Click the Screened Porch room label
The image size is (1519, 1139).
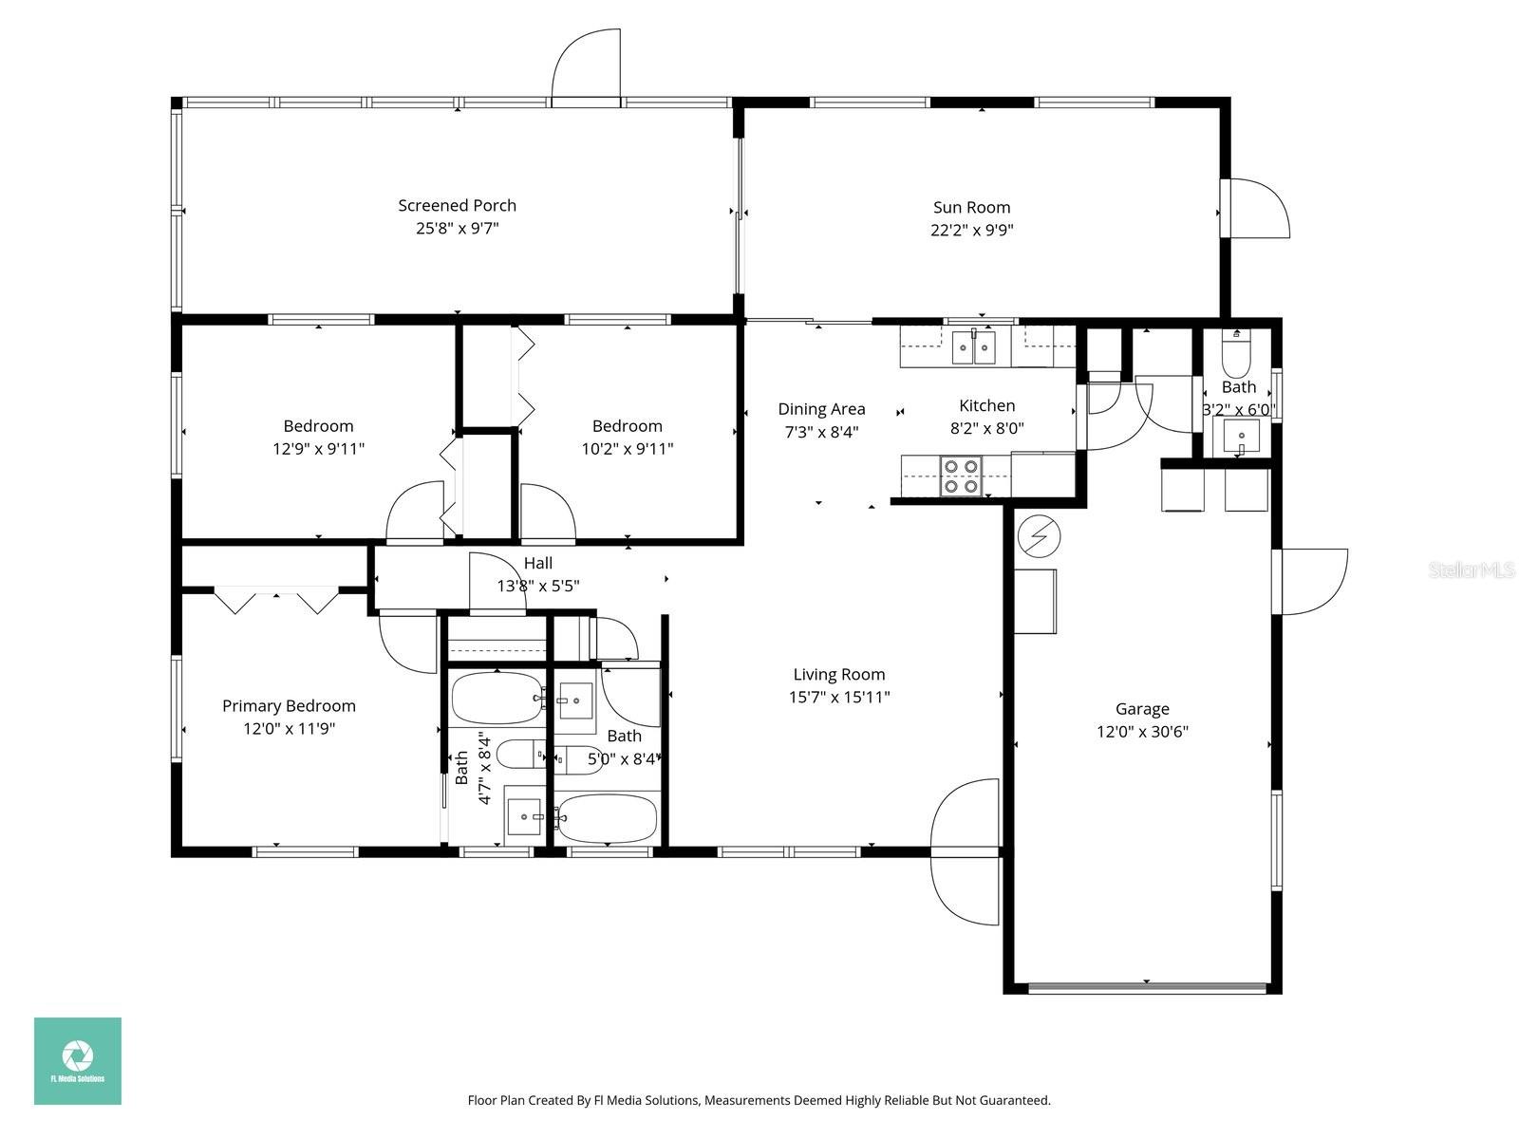pos(457,205)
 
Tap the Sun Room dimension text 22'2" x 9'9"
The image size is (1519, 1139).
pos(971,230)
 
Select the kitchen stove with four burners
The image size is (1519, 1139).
pos(960,476)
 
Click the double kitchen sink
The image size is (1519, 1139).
pos(973,347)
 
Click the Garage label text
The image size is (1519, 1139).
pos(1142,709)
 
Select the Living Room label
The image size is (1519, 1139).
pos(839,675)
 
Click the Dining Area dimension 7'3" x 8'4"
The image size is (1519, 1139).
pos(821,432)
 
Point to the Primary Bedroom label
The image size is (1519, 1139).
pos(289,706)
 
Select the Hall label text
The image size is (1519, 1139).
pos(538,564)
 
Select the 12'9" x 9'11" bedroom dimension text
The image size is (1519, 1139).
pos(318,449)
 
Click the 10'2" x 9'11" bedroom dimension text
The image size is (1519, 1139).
pos(627,449)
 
